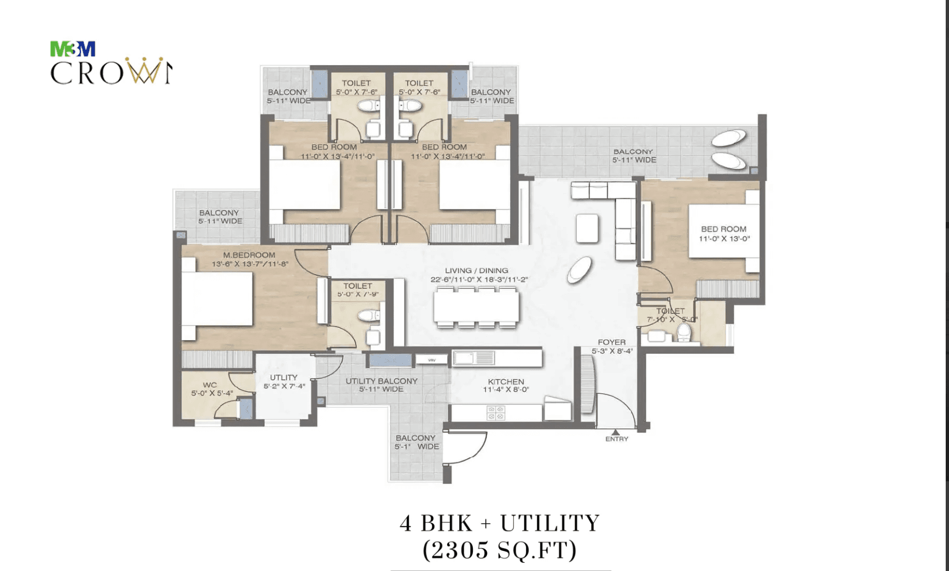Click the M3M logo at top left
click(x=73, y=49)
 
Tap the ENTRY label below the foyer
click(x=617, y=439)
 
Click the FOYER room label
click(x=611, y=342)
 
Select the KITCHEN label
click(x=506, y=382)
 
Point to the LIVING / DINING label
click(x=476, y=271)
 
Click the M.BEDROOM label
click(x=249, y=255)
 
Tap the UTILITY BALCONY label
click(x=381, y=381)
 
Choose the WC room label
click(x=210, y=385)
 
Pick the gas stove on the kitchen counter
click(x=496, y=413)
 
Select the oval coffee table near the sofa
click(x=580, y=270)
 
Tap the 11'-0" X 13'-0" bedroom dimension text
click(x=724, y=238)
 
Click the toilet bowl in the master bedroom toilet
click(x=369, y=316)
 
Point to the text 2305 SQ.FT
click(x=500, y=550)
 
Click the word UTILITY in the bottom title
click(x=550, y=523)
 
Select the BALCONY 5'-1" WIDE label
click(x=416, y=442)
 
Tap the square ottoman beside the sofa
click(x=587, y=228)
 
